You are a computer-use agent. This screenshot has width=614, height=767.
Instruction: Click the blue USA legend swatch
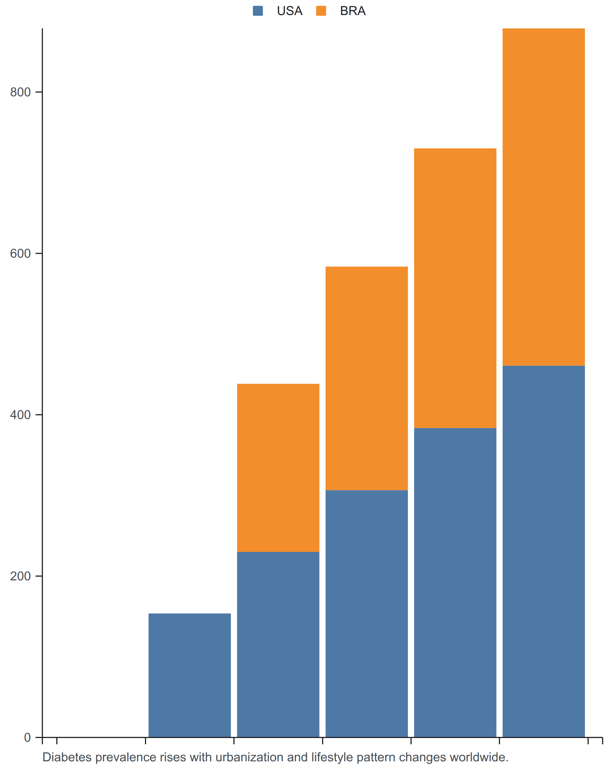tap(258, 11)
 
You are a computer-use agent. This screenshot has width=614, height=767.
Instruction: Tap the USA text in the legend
tap(289, 11)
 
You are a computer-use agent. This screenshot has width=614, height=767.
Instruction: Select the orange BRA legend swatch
tap(321, 11)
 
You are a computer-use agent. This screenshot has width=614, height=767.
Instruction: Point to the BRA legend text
tap(353, 11)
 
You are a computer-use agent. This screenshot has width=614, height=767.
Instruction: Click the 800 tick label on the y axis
tap(20, 92)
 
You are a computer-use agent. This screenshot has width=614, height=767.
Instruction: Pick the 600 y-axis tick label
tap(20, 254)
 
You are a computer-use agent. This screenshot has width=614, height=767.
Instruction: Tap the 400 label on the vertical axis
tap(20, 415)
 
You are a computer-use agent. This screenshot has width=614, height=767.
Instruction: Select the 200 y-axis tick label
tap(20, 576)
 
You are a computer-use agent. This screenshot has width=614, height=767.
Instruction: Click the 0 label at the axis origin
tap(27, 737)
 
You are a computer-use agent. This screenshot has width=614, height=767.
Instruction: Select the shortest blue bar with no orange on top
tap(190, 676)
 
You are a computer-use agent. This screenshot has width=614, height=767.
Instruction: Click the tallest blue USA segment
tap(544, 552)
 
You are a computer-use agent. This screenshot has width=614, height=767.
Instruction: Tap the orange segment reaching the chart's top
tap(544, 197)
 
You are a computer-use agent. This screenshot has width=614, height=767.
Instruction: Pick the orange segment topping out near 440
tap(278, 468)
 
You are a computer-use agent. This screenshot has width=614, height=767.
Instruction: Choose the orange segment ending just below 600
tap(367, 378)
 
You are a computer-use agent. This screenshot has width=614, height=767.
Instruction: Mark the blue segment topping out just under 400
tap(455, 583)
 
